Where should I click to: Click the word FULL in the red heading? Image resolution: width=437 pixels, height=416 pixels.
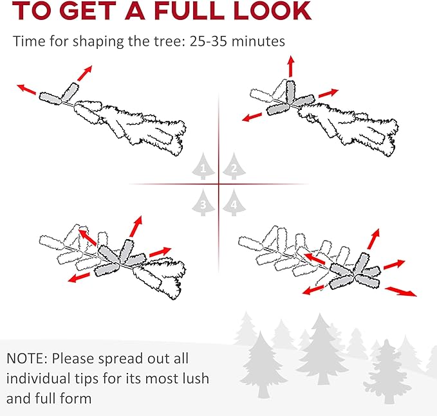(x=191, y=10)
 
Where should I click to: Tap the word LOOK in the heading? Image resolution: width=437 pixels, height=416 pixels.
(x=273, y=10)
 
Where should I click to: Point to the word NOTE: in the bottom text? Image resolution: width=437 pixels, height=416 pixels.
(x=27, y=358)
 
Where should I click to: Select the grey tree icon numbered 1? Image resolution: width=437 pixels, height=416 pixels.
(x=203, y=167)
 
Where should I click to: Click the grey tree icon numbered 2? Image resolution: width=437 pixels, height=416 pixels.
(x=234, y=167)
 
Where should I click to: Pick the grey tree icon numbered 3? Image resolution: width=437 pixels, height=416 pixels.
(x=203, y=203)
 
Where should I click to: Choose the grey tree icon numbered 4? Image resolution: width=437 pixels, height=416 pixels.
(x=234, y=203)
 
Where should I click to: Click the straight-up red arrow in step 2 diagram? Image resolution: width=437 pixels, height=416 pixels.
(x=291, y=66)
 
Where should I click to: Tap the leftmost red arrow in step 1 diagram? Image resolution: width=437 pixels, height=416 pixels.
(x=26, y=89)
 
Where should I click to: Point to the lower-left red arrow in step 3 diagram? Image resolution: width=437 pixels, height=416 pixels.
(x=79, y=277)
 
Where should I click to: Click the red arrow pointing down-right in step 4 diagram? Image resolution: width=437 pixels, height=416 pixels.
(x=401, y=291)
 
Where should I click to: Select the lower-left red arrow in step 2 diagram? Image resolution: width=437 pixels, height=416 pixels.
(x=252, y=117)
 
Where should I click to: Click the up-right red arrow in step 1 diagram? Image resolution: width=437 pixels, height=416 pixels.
(x=85, y=73)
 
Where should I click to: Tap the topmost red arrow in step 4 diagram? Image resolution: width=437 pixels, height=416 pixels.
(x=373, y=239)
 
